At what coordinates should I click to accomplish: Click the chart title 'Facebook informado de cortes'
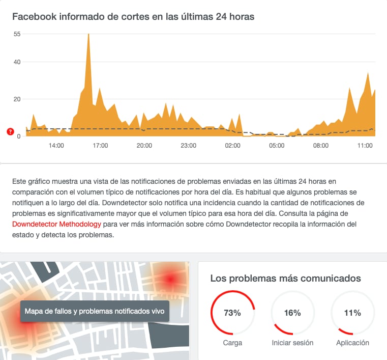click(133, 16)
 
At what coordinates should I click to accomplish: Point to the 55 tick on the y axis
click(17, 34)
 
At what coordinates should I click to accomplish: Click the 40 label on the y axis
click(17, 62)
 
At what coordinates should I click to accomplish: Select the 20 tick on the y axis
click(17, 99)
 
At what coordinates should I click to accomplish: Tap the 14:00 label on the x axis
click(56, 146)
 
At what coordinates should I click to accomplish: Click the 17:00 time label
click(100, 146)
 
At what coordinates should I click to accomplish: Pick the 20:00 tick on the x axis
click(144, 146)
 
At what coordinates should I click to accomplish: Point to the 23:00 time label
click(189, 146)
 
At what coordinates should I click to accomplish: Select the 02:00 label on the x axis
click(232, 146)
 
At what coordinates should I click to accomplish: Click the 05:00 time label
click(277, 146)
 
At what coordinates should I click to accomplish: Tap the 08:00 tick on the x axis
click(321, 146)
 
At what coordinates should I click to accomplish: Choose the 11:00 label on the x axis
click(365, 146)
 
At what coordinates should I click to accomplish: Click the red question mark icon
click(10, 132)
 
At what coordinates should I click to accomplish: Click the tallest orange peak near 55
click(88, 36)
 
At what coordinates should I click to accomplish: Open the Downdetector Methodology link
click(56, 224)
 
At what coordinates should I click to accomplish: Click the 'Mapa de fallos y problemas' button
click(95, 311)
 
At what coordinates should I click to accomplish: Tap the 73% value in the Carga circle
click(232, 313)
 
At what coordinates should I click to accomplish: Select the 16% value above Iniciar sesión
click(292, 313)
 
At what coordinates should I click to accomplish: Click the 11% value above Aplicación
click(352, 313)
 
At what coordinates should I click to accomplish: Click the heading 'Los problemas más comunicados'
click(285, 279)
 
